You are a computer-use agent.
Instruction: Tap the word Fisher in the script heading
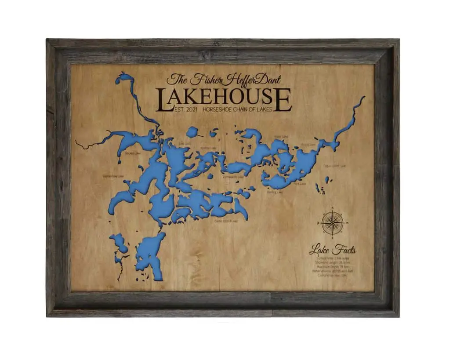pyautogui.click(x=207, y=80)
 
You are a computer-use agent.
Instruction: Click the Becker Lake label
pyautogui.click(x=132, y=153)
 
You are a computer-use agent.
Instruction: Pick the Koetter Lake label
pyautogui.click(x=208, y=148)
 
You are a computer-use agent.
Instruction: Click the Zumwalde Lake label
pyautogui.click(x=233, y=177)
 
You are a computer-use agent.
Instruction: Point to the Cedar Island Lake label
pyautogui.click(x=226, y=221)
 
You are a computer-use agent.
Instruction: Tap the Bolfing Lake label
pyautogui.click(x=275, y=192)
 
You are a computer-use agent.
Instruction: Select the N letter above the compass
pyautogui.click(x=333, y=207)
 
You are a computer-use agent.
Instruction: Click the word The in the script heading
pyautogui.click(x=177, y=80)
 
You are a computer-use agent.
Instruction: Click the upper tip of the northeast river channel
pyautogui.click(x=363, y=98)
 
